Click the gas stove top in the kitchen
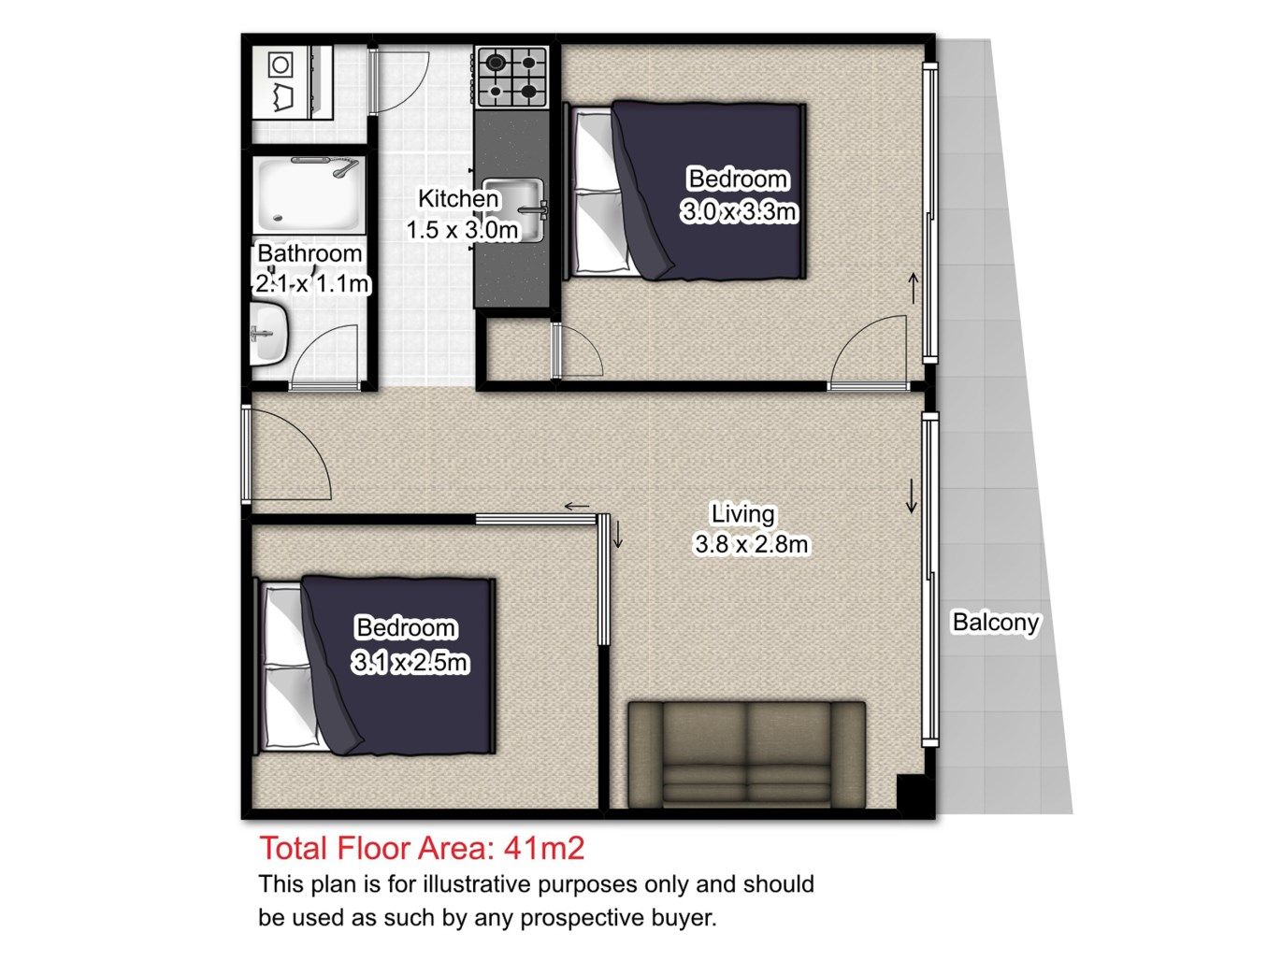tap(511, 77)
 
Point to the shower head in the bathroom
tap(345, 167)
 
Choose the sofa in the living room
tap(746, 754)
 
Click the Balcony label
tap(996, 623)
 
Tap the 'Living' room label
tap(742, 514)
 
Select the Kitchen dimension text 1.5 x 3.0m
tap(462, 230)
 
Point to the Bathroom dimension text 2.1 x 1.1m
tap(312, 284)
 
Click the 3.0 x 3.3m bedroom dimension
tap(739, 211)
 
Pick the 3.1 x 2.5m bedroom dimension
tap(410, 662)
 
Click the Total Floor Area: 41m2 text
tap(422, 848)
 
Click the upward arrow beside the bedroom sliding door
tap(914, 288)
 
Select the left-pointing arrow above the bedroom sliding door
tap(577, 507)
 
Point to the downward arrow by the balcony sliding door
tap(911, 497)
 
